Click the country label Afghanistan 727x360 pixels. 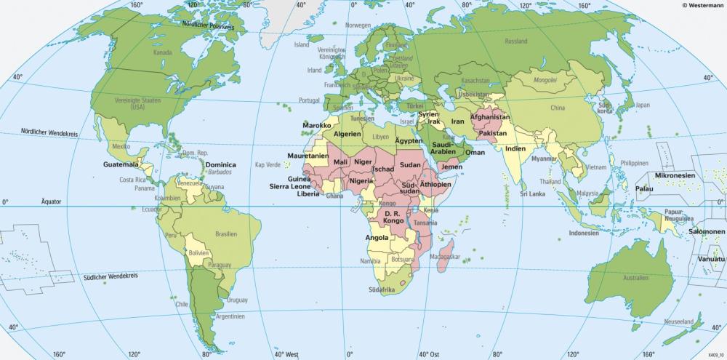tap(490, 117)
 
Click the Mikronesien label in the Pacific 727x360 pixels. tap(675, 176)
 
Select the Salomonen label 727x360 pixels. tap(702, 232)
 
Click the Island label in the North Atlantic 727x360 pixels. tap(301, 44)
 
